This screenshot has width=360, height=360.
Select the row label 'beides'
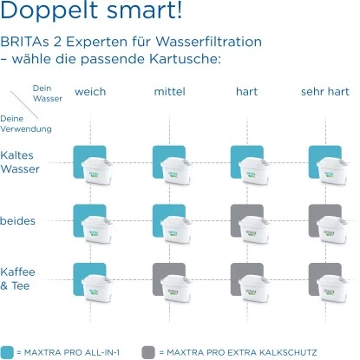(18, 221)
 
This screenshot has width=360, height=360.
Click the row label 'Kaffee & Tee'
(18, 278)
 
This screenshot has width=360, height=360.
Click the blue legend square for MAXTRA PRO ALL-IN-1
(8, 351)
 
